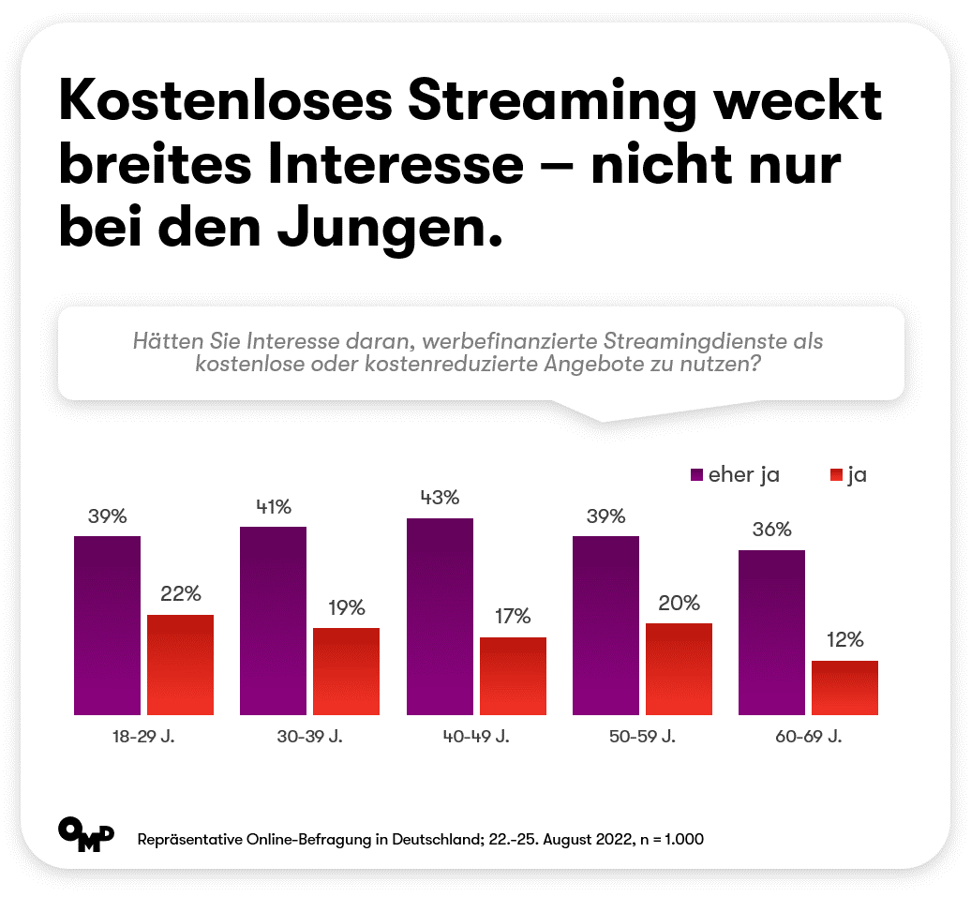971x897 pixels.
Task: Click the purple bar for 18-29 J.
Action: tap(107, 625)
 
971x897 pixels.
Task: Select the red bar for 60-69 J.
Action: tap(844, 688)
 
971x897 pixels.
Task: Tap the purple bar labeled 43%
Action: tap(440, 617)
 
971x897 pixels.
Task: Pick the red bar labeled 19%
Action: tap(346, 671)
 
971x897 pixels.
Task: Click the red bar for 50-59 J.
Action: tap(679, 669)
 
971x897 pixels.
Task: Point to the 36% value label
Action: tap(771, 529)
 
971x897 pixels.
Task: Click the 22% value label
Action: tap(181, 593)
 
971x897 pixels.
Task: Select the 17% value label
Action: tap(513, 616)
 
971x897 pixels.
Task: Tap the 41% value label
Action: tap(274, 507)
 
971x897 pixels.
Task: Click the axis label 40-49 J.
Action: tap(475, 736)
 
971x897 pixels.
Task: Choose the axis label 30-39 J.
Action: tap(309, 736)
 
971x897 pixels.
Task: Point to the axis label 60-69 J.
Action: tap(808, 736)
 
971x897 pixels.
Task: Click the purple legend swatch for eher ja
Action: tap(696, 475)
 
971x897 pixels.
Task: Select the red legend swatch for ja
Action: tap(837, 475)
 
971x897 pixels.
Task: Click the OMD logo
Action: tap(86, 834)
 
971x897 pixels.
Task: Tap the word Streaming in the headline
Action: tap(552, 101)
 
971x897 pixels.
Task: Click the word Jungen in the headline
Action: tap(389, 228)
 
